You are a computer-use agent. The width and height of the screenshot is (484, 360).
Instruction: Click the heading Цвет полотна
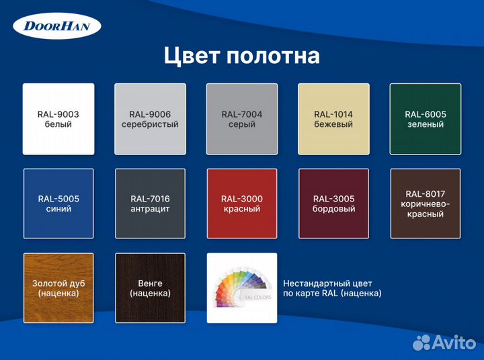click(x=241, y=56)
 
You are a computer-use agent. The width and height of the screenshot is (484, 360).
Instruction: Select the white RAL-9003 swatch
click(x=58, y=119)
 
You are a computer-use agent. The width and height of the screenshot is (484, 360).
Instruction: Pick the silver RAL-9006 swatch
click(x=150, y=119)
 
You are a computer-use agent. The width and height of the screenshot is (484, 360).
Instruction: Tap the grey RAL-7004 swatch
click(x=242, y=119)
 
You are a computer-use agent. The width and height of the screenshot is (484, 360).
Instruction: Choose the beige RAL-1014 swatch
click(x=333, y=119)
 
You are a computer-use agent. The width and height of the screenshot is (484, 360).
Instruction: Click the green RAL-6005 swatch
click(x=425, y=119)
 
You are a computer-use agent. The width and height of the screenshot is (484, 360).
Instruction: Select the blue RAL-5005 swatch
click(x=58, y=204)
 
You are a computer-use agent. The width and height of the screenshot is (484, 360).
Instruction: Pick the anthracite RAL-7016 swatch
click(x=150, y=204)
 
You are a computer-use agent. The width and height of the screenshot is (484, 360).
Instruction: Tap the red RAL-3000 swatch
click(x=242, y=204)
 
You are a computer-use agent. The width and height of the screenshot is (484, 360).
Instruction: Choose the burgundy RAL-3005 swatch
click(x=333, y=204)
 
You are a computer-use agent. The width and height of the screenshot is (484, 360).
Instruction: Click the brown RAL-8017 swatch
click(x=425, y=204)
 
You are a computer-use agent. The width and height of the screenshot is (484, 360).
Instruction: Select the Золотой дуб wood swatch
click(x=58, y=288)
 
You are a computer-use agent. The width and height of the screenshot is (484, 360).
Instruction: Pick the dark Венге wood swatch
click(x=150, y=288)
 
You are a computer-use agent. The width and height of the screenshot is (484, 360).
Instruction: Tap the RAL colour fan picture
click(x=242, y=288)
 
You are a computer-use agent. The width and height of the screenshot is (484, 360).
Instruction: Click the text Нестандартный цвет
click(x=328, y=283)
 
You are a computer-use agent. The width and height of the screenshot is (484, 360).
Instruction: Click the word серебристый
click(x=150, y=124)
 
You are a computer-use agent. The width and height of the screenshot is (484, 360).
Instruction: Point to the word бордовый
click(x=333, y=209)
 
